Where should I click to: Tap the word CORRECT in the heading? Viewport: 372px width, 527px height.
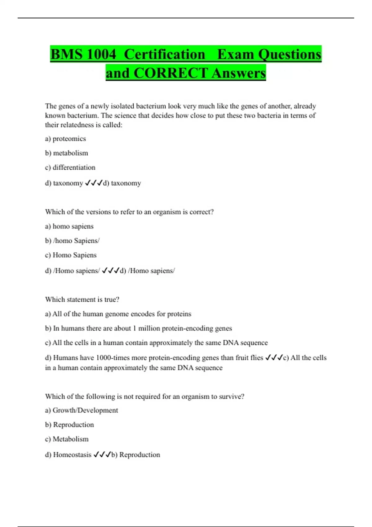(x=170, y=73)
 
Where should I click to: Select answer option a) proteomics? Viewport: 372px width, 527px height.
(x=65, y=139)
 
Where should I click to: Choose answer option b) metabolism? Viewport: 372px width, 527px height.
(x=66, y=153)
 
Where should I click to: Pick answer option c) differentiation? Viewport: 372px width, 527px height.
(x=70, y=167)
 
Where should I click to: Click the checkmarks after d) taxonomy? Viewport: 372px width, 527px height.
(x=94, y=183)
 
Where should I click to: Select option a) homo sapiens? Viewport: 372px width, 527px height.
(x=69, y=226)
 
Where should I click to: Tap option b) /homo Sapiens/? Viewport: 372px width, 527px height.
(x=72, y=241)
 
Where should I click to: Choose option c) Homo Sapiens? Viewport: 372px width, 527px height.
(x=71, y=255)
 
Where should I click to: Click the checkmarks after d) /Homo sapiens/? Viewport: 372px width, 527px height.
(x=111, y=271)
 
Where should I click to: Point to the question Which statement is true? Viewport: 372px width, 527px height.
(x=82, y=299)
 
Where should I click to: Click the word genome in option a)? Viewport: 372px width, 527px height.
(x=117, y=314)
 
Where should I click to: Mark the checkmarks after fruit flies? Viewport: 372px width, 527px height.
(x=274, y=358)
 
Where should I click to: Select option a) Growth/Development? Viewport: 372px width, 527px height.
(x=82, y=410)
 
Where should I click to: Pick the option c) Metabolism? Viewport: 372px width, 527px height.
(x=67, y=439)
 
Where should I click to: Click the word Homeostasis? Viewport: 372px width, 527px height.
(x=72, y=455)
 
